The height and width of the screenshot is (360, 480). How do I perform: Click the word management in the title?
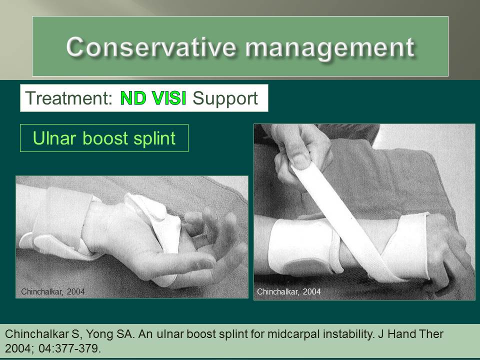click(329, 47)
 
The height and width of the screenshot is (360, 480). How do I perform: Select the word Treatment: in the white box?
click(68, 98)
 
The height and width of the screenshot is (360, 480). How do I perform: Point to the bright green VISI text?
click(169, 98)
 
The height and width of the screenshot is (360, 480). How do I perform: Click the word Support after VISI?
click(225, 98)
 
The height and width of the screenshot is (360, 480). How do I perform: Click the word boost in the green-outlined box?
click(104, 138)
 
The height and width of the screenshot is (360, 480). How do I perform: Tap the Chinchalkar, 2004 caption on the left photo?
click(52, 291)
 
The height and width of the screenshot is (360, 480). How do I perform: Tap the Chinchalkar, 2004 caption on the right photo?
click(288, 291)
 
